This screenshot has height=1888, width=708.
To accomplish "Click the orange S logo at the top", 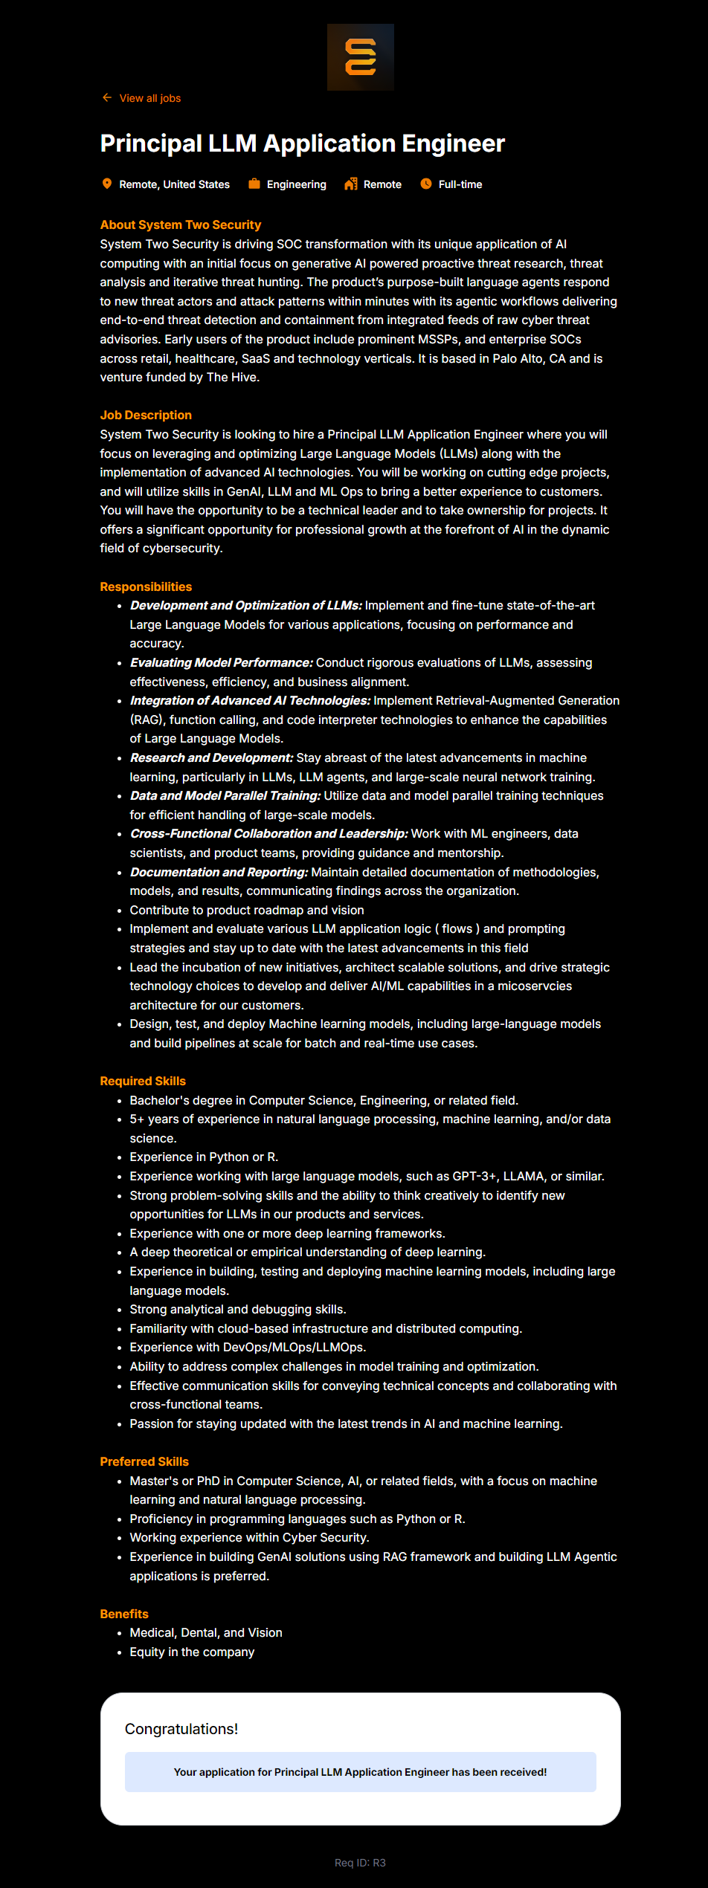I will (x=361, y=57).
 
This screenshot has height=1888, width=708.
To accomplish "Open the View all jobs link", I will (x=149, y=98).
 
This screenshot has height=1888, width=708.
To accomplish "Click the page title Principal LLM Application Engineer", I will (x=302, y=143).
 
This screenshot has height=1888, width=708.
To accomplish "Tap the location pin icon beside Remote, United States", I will (x=107, y=184).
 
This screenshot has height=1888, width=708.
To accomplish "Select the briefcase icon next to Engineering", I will (x=254, y=184).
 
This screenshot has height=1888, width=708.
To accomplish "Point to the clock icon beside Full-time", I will (x=426, y=184).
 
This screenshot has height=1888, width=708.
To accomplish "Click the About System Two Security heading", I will (x=181, y=224).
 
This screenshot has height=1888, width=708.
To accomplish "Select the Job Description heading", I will (x=146, y=415).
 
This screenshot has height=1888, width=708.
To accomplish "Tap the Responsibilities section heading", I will (x=146, y=586).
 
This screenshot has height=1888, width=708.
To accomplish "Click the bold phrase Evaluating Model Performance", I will (x=222, y=662).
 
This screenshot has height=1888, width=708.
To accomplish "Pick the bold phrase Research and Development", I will (x=212, y=757).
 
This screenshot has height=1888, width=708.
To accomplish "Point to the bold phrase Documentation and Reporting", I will (x=219, y=872).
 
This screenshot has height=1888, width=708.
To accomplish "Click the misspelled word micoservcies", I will (x=535, y=986).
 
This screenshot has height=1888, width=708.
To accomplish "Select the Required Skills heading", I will (x=143, y=1081).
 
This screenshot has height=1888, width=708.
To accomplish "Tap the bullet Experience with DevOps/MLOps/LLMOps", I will (x=248, y=1347).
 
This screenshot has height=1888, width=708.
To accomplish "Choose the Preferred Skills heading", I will (x=144, y=1461).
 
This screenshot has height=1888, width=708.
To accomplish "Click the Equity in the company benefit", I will (x=192, y=1652).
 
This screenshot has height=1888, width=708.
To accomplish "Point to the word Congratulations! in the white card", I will (x=181, y=1729).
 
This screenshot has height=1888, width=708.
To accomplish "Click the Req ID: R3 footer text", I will (x=360, y=1863).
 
